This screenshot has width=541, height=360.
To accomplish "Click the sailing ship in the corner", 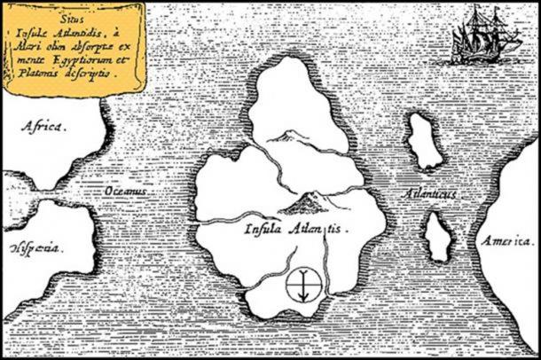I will click(482, 35).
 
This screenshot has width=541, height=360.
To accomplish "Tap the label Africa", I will click(42, 128).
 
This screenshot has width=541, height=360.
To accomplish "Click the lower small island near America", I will click(436, 237).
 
